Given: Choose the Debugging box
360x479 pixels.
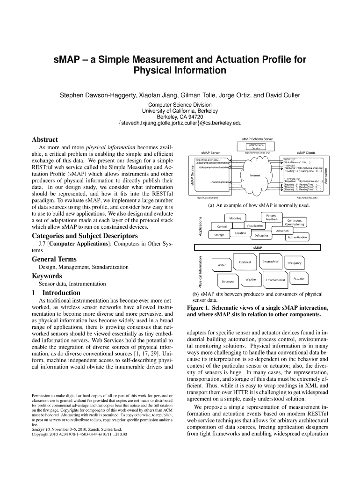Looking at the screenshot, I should pos(261,235).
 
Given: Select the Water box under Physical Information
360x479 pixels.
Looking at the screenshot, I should pos(222,265).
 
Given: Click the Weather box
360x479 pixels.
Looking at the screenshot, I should pos(251,279).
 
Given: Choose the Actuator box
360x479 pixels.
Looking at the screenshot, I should pos(299,279).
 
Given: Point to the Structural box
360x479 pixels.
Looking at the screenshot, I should pos(228,281).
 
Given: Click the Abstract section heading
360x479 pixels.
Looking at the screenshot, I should pos(44,139).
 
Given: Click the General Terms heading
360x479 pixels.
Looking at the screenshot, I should pos(54,259).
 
